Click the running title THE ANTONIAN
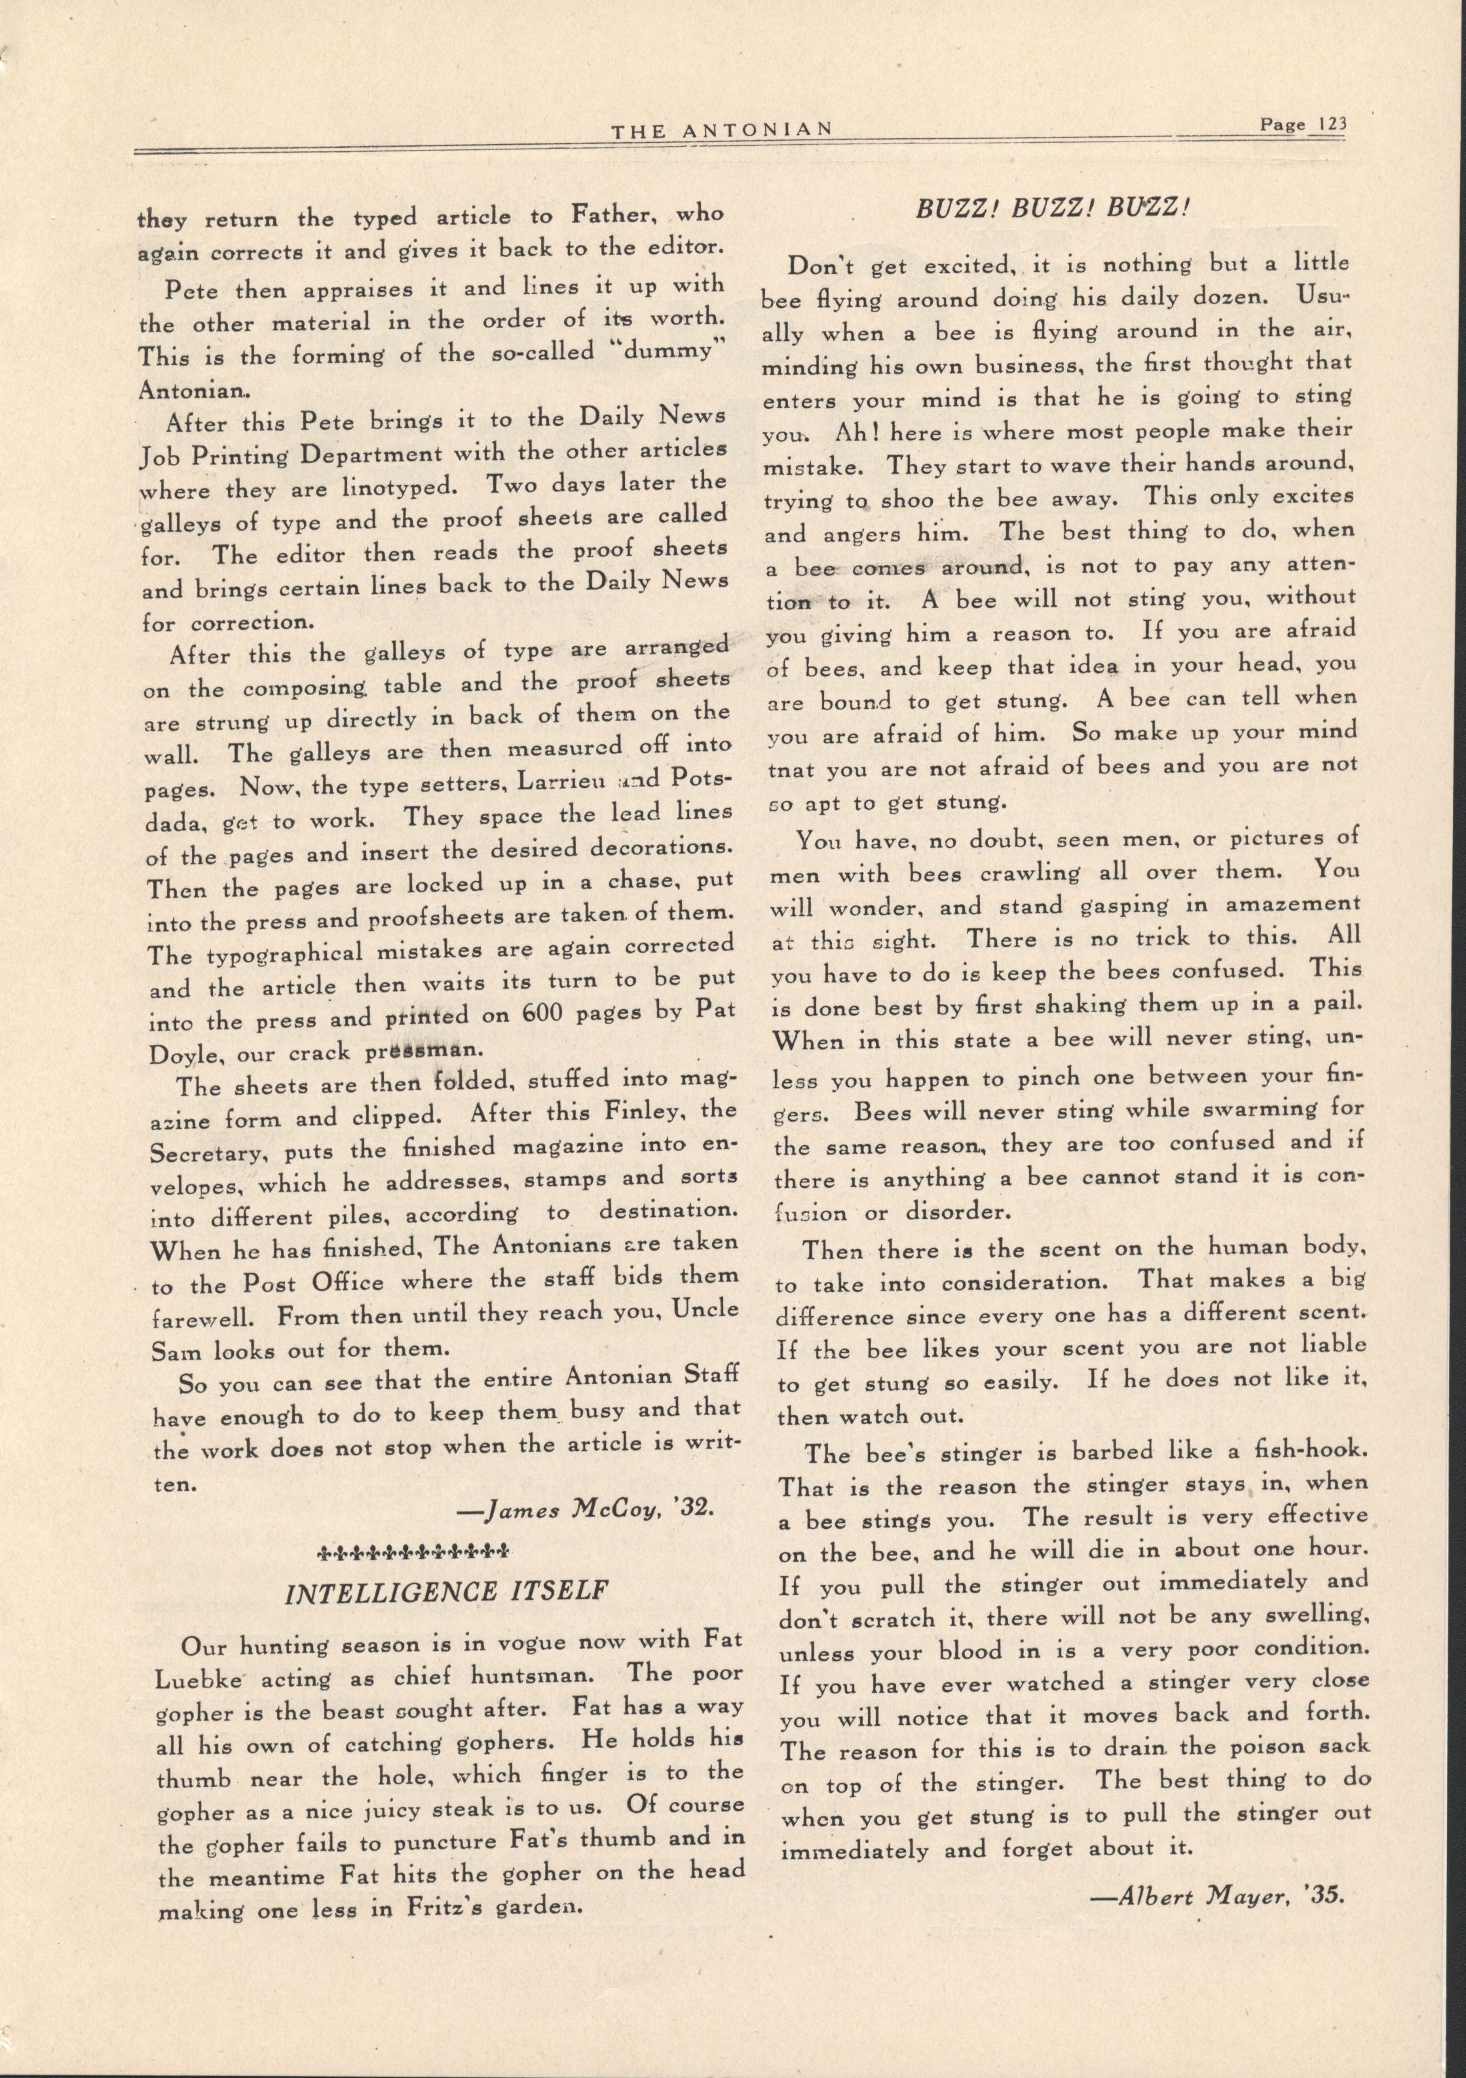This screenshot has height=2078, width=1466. pos(721,130)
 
